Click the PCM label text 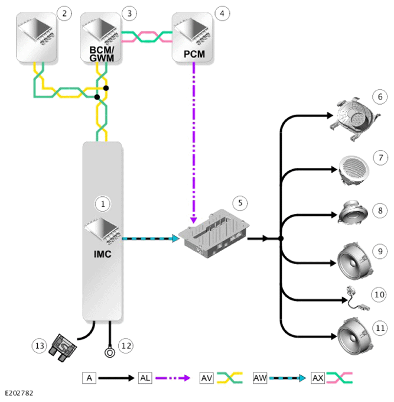194,54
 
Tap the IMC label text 102,254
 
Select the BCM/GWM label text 102,54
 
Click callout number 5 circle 240,203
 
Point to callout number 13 40,346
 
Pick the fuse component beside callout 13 63,348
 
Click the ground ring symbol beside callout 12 110,353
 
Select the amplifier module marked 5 214,234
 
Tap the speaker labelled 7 354,169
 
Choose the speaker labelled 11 354,336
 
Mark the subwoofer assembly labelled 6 354,118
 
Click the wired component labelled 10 357,299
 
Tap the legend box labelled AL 145,378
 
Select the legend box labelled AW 260,378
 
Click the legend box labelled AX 318,378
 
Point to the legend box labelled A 89,378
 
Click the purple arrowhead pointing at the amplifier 194,220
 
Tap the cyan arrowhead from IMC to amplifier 176,238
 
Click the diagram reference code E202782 19,393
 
